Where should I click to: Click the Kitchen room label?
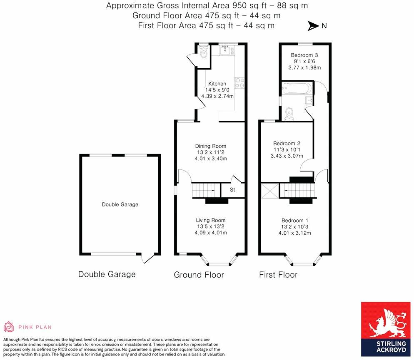(217, 84)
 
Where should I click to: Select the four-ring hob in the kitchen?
(239, 82)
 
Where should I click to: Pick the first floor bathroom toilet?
(290, 113)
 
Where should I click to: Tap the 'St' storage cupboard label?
(233, 190)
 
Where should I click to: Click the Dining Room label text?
(211, 146)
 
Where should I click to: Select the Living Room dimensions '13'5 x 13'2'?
(211, 226)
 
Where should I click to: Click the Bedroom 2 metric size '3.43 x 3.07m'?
(287, 156)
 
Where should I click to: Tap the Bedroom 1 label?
(295, 221)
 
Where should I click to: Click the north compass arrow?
(313, 26)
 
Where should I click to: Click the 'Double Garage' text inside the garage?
(120, 204)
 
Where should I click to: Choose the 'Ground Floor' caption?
(199, 275)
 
